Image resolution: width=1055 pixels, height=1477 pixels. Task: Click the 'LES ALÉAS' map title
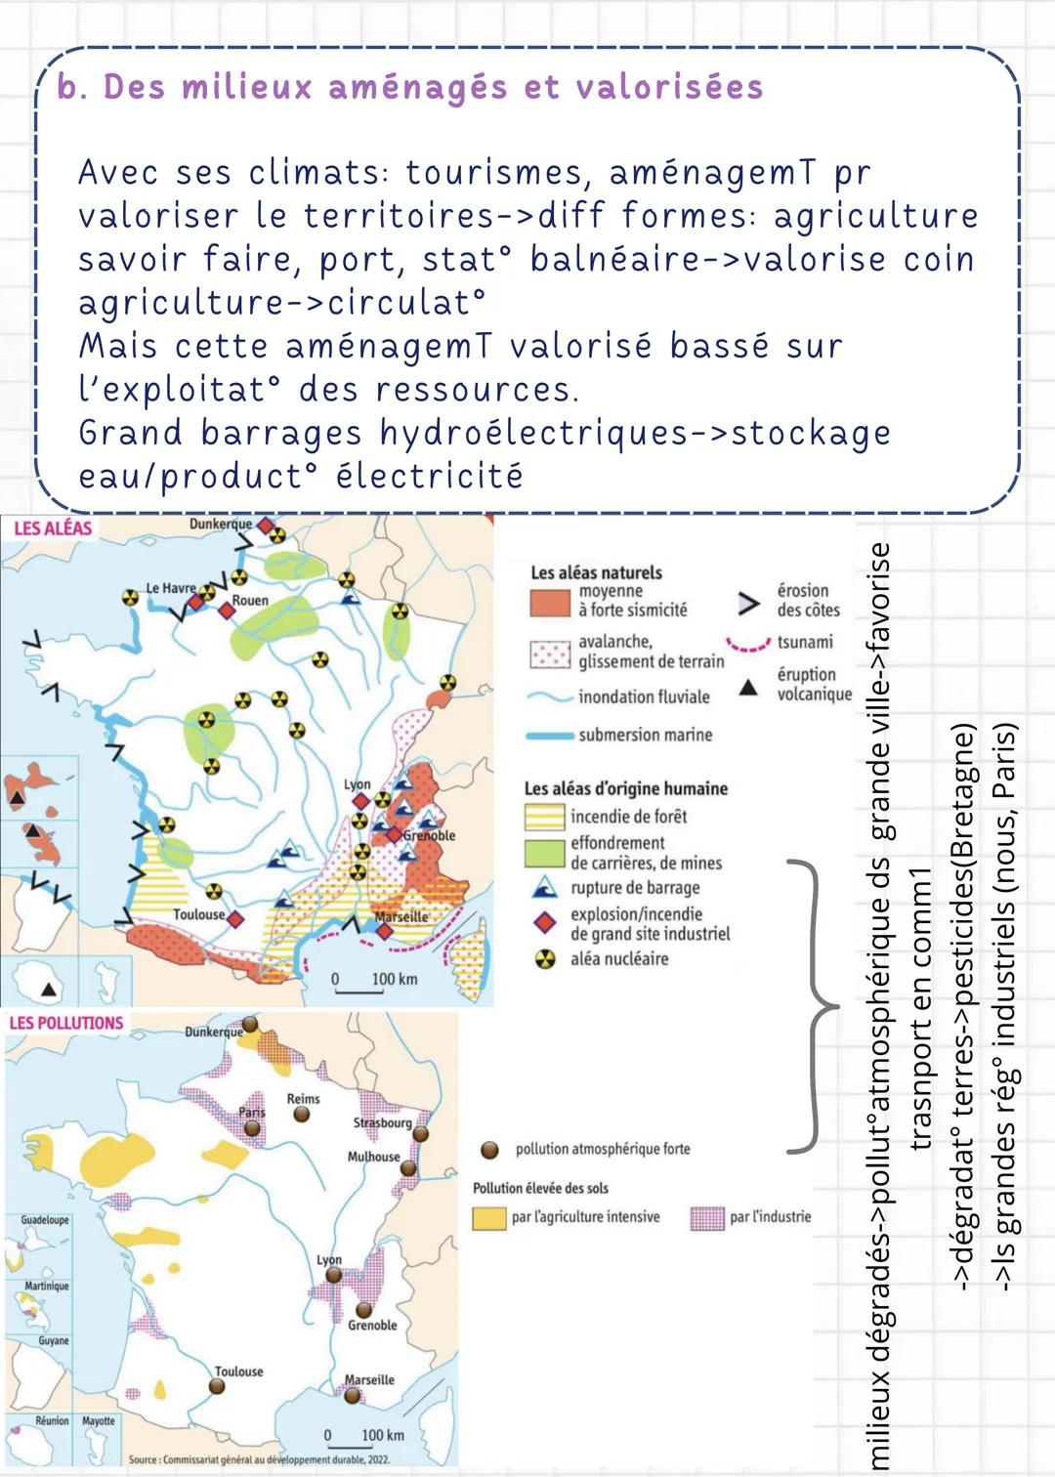(x=53, y=528)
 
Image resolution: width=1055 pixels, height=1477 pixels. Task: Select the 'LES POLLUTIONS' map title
(x=65, y=1023)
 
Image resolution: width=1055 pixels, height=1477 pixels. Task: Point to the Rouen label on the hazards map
(x=250, y=601)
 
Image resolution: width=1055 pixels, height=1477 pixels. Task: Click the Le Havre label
(x=170, y=588)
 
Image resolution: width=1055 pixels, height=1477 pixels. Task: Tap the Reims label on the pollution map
(x=303, y=1099)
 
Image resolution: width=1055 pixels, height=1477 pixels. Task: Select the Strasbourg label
(x=382, y=1122)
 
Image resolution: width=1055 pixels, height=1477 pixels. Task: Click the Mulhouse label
(x=373, y=1157)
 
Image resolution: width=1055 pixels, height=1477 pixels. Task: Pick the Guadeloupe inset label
(x=45, y=1220)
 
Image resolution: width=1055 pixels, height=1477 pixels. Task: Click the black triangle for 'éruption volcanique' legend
(x=748, y=688)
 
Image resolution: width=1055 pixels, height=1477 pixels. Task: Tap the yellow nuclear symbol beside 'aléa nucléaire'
(x=544, y=959)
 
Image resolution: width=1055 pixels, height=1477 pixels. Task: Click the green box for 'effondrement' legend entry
(x=544, y=853)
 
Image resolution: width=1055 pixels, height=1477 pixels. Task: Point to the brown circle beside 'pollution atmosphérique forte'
(x=490, y=1150)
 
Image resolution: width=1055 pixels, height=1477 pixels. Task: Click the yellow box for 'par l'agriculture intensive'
(x=488, y=1218)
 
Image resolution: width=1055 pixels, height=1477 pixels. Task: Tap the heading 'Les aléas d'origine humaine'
(x=625, y=788)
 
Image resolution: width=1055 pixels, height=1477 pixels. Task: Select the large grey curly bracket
(x=813, y=1006)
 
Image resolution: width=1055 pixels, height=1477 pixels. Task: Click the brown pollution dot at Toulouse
(x=217, y=1386)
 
